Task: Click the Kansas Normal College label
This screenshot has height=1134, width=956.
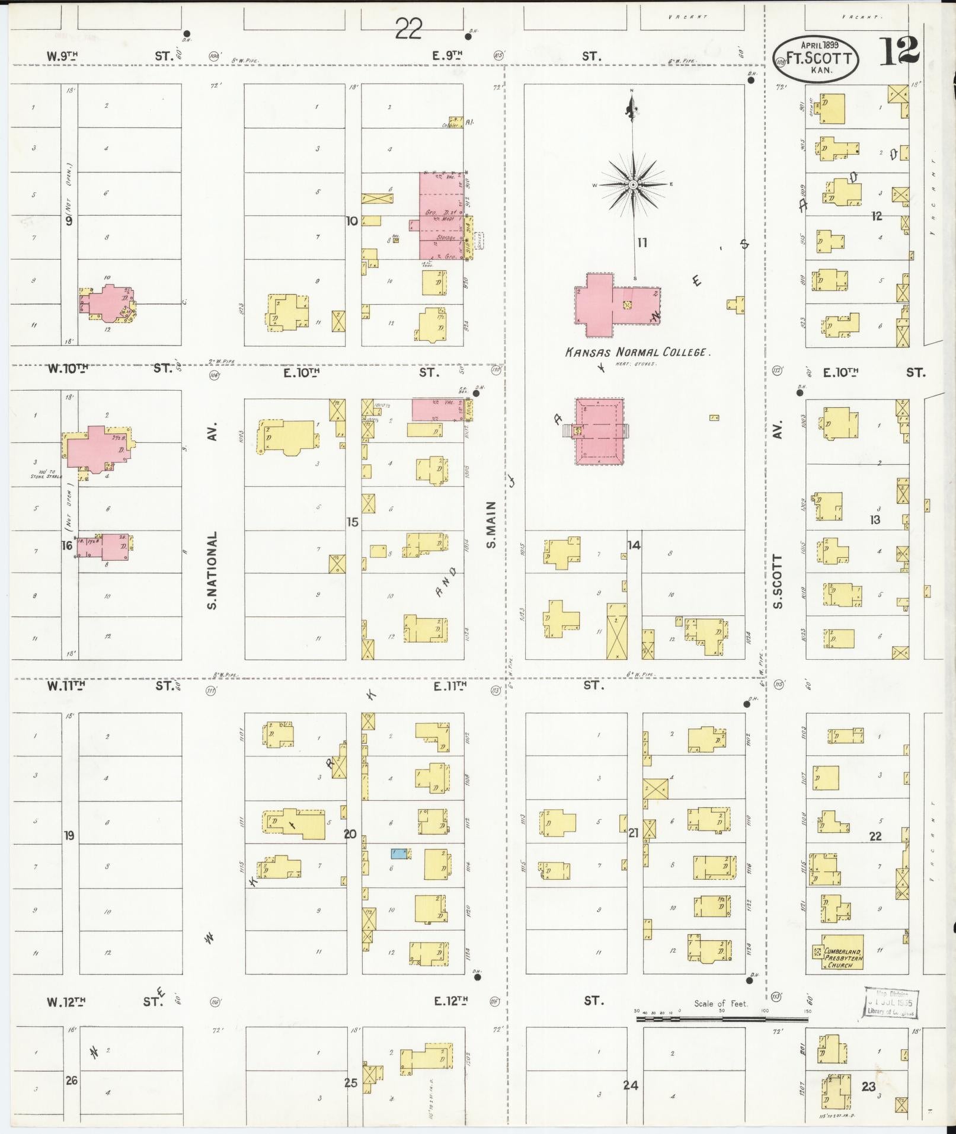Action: click(637, 352)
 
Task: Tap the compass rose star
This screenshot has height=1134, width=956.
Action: click(633, 185)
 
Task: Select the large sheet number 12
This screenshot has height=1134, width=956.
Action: click(899, 52)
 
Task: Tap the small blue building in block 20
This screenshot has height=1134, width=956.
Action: click(399, 854)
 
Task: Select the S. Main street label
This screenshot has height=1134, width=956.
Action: click(491, 525)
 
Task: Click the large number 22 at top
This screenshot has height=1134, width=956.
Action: click(409, 28)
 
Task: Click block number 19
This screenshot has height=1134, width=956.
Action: click(69, 835)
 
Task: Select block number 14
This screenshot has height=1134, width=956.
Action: click(634, 545)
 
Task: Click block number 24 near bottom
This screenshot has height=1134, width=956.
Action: click(630, 1085)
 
